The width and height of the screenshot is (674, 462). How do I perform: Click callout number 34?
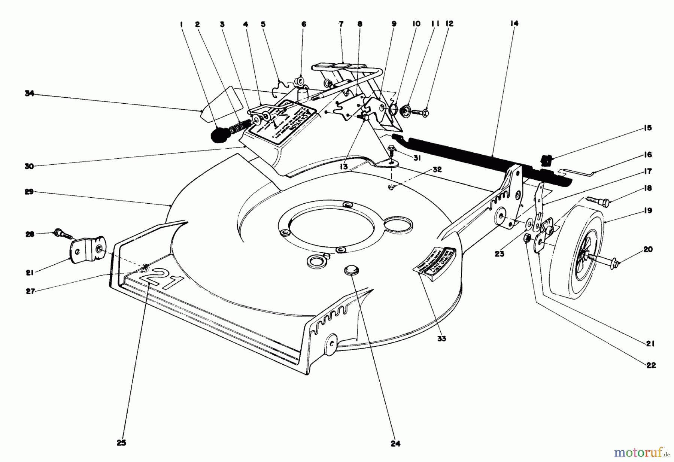pos(30,94)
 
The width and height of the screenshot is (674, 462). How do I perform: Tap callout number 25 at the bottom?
pos(121,443)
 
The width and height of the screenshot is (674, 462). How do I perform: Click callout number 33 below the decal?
pos(442,338)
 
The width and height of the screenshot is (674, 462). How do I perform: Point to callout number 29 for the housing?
pos(30,192)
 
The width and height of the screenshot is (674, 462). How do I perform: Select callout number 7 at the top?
pos(341,24)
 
